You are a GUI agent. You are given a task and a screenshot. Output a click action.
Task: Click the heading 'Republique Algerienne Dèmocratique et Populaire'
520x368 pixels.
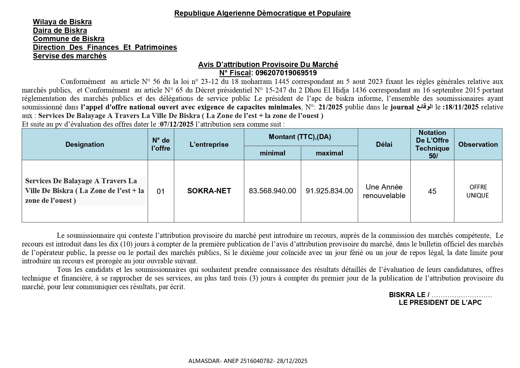pyautogui.click(x=262, y=13)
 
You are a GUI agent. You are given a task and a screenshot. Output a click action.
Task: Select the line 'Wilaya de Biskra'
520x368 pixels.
pyautogui.click(x=62, y=22)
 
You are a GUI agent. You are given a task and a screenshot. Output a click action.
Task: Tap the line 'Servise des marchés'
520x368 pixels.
pyautogui.click(x=70, y=56)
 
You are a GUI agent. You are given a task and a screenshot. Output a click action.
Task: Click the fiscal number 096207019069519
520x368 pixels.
pyautogui.click(x=286, y=73)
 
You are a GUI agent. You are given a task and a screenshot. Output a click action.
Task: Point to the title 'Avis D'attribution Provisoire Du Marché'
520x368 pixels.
pyautogui.click(x=268, y=65)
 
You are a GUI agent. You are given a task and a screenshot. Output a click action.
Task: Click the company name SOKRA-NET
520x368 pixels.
pyautogui.click(x=209, y=191)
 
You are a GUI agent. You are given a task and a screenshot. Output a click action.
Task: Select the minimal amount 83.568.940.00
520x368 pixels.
pyautogui.click(x=272, y=191)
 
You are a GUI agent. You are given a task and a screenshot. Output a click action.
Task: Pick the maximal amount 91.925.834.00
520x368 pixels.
pyautogui.click(x=329, y=191)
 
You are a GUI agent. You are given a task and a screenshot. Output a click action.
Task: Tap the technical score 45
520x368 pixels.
pyautogui.click(x=432, y=192)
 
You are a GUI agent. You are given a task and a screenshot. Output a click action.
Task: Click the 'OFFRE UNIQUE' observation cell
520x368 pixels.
pyautogui.click(x=478, y=191)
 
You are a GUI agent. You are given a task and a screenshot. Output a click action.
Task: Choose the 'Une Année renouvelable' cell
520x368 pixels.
pyautogui.click(x=384, y=191)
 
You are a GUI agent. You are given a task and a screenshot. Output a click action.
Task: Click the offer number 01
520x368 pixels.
pyautogui.click(x=161, y=192)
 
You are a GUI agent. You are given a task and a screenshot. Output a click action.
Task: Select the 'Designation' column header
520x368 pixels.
pyautogui.click(x=85, y=144)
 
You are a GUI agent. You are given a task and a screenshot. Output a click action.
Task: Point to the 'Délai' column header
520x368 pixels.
pyautogui.click(x=384, y=144)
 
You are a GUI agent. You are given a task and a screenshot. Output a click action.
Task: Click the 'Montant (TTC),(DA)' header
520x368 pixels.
pyautogui.click(x=300, y=137)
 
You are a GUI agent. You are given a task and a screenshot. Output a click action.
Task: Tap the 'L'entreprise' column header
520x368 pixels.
pyautogui.click(x=209, y=144)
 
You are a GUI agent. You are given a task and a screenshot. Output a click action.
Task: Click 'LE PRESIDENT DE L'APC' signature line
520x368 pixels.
pyautogui.click(x=440, y=303)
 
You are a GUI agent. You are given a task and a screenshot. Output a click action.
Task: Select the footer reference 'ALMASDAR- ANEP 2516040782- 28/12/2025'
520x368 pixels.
pyautogui.click(x=248, y=361)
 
